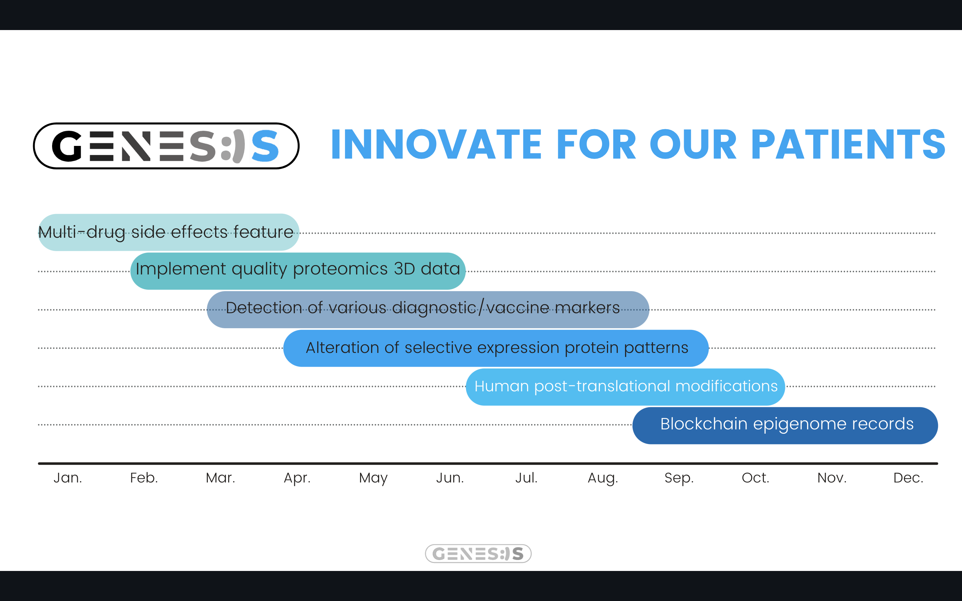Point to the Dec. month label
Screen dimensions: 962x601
[x=908, y=477]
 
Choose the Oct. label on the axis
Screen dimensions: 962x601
[x=755, y=477]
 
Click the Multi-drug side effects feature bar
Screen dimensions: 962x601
[x=169, y=232]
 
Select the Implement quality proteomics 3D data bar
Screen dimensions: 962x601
[x=298, y=271]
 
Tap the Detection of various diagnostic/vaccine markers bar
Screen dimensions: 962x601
[x=428, y=310]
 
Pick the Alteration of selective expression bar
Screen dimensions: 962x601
[x=496, y=348]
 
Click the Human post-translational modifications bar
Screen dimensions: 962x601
[x=625, y=387]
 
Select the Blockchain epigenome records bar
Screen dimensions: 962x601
[x=785, y=425]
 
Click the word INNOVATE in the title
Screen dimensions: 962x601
[x=436, y=144]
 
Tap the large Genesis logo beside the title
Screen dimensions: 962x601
[x=166, y=146]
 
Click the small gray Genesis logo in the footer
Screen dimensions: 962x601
[x=478, y=553]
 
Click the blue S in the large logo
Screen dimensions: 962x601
[x=265, y=146]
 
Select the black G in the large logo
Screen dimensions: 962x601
[x=67, y=146]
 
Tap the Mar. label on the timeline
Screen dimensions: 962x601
[x=220, y=477]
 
